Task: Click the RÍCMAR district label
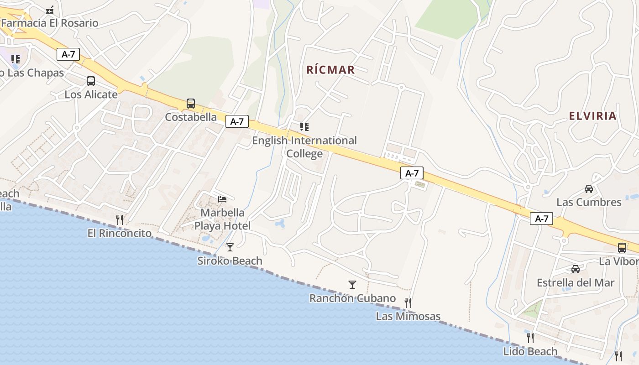click(330, 70)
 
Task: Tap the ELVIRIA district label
click(592, 116)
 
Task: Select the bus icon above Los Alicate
click(91, 81)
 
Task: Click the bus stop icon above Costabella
click(191, 104)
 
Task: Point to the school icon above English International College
click(304, 127)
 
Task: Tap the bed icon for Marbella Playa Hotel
click(222, 199)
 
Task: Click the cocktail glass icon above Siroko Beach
click(230, 247)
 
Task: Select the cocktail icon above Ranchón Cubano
click(352, 285)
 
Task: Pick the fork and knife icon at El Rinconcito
click(120, 220)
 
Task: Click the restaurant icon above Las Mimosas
click(408, 302)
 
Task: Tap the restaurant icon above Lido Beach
click(530, 338)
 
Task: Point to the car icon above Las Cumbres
click(589, 189)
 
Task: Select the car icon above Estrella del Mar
click(576, 269)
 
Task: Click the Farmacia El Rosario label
click(49, 23)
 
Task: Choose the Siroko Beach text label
click(230, 261)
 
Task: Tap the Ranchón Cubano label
click(352, 298)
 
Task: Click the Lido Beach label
click(530, 351)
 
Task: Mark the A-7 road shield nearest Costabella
click(237, 121)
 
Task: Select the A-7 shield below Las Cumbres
click(541, 219)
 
